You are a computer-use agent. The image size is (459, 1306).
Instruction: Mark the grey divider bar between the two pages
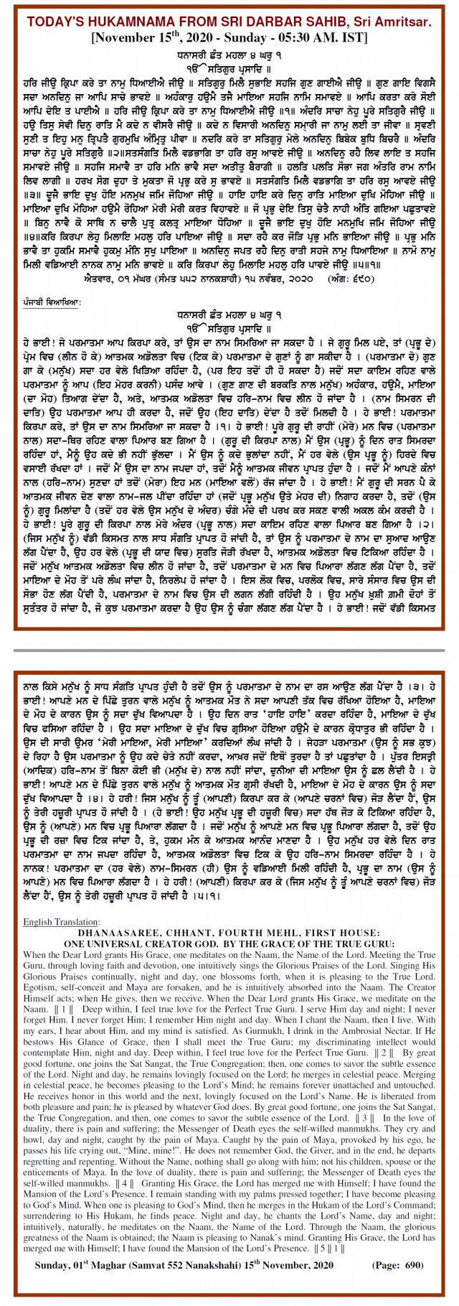[229, 650]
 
